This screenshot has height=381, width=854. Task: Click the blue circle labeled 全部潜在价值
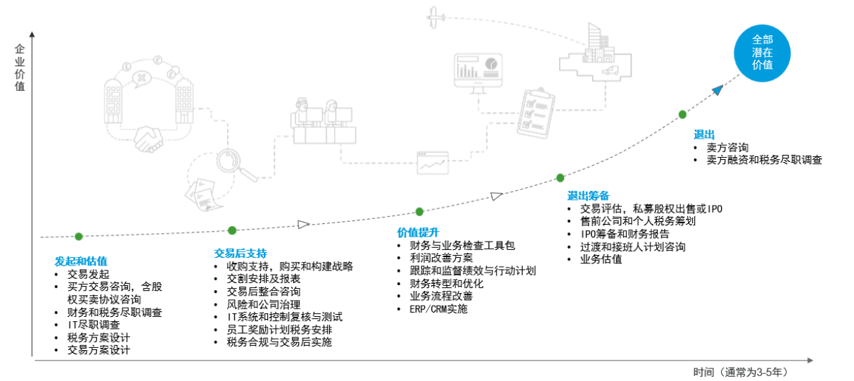(762, 52)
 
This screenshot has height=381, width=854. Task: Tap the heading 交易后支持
(241, 254)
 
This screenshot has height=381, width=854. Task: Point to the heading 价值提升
(418, 232)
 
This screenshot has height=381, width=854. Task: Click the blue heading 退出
(704, 135)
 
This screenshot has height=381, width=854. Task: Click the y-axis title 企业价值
(20, 68)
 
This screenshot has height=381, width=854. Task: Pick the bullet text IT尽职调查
(94, 325)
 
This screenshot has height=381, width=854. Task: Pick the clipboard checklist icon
(535, 112)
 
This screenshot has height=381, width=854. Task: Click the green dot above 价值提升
(419, 211)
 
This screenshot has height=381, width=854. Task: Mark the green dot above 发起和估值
(79, 237)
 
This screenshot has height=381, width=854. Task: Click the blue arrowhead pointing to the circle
(716, 89)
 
